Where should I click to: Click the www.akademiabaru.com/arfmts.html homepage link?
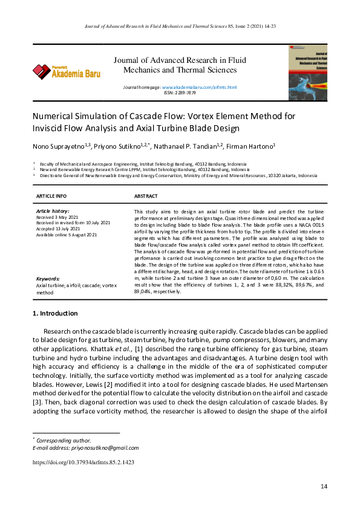[x=199, y=88]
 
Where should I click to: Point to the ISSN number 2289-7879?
[x=180, y=93]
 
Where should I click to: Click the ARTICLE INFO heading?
[x=51, y=196]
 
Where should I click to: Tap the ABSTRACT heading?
[x=146, y=196]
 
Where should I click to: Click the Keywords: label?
[x=48, y=279]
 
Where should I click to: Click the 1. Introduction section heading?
[x=54, y=313]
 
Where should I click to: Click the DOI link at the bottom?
[x=83, y=462]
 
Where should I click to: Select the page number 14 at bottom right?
[x=324, y=487]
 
